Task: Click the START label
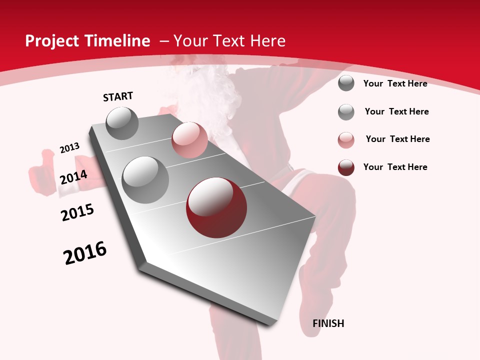[118, 96]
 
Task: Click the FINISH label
[328, 323]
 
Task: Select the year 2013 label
[70, 148]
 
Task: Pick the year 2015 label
[77, 212]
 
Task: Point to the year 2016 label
[85, 253]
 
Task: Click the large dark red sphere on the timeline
[216, 207]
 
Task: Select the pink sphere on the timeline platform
[189, 140]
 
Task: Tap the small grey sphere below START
[122, 123]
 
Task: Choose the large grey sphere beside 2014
[145, 180]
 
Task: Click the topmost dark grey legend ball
[346, 83]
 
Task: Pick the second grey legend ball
[346, 112]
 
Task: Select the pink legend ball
[346, 140]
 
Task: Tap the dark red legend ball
[346, 167]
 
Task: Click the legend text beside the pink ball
[397, 139]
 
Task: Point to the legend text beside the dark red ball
[395, 167]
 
